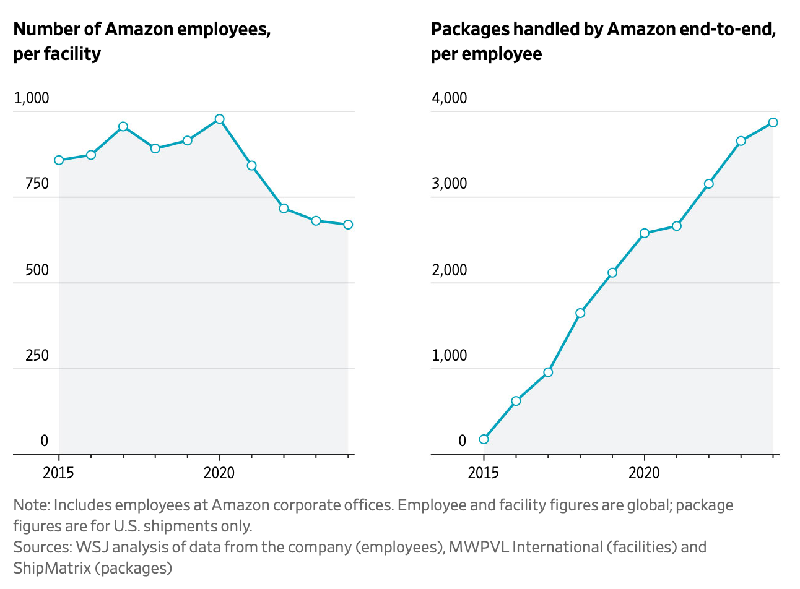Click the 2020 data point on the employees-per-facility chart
pyautogui.click(x=219, y=119)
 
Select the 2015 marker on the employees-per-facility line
pyautogui.click(x=59, y=160)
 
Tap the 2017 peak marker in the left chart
pyautogui.click(x=123, y=126)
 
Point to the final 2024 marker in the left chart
pyautogui.click(x=348, y=225)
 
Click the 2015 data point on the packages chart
pyautogui.click(x=484, y=439)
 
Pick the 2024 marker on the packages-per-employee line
pyautogui.click(x=773, y=123)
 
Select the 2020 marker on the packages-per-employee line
pyautogui.click(x=645, y=233)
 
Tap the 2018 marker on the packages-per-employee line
pyautogui.click(x=580, y=313)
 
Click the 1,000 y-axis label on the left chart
pyautogui.click(x=31, y=98)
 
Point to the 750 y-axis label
pyautogui.click(x=37, y=184)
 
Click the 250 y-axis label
pyautogui.click(x=37, y=355)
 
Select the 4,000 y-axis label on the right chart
pyautogui.click(x=449, y=98)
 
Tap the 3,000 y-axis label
pyautogui.click(x=449, y=184)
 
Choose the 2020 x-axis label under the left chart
pyautogui.click(x=219, y=473)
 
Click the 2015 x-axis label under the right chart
pyautogui.click(x=484, y=473)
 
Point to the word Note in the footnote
pyautogui.click(x=30, y=505)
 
